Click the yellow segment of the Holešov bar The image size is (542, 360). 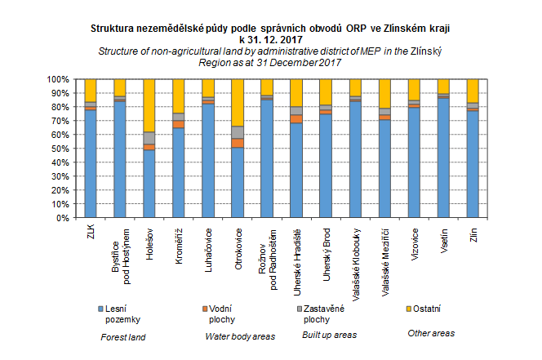149,105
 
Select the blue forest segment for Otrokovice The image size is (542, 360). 238,183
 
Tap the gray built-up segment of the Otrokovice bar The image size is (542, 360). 238,132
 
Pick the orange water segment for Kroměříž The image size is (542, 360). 179,124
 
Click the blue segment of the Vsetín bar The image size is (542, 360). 443,158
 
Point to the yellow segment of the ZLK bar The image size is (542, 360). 91,91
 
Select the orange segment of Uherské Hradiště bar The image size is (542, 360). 296,119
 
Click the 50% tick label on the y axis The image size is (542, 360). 60,149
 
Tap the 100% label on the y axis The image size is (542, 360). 58,79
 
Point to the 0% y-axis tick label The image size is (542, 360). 63,218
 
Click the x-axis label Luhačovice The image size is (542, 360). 208,250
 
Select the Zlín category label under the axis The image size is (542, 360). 473,235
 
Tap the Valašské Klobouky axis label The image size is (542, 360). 356,264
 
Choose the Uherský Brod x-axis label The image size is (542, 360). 327,255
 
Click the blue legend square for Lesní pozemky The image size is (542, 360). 100,309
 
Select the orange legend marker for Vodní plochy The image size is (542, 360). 205,309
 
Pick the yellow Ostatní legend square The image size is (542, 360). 409,309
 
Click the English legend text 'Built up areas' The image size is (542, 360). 330,335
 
